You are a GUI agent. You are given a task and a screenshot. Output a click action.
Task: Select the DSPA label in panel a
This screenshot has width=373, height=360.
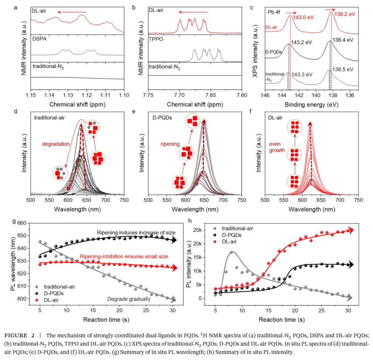tap(39, 39)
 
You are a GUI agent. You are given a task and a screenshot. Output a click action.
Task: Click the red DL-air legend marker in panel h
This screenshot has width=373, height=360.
tap(216, 241)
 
